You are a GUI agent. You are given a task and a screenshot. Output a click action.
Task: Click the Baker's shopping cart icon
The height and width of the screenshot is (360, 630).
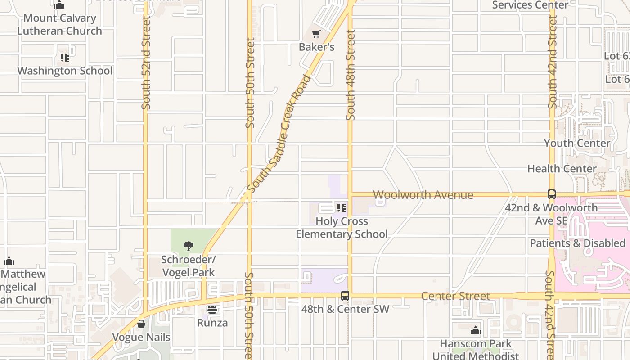coord(316,34)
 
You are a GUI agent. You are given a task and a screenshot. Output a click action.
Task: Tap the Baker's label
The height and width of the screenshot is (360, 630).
coord(317,47)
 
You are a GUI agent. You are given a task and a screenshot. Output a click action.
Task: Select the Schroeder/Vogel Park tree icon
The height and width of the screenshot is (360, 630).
coord(189,246)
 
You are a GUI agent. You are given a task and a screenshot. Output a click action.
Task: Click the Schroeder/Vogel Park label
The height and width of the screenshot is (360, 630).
coord(189,266)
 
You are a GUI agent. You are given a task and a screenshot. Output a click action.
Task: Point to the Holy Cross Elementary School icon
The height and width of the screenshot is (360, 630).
coord(342,208)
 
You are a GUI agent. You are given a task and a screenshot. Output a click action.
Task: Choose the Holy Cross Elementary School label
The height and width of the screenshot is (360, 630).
coord(342,228)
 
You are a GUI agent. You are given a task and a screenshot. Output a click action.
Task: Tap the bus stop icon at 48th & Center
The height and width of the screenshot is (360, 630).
coord(345,296)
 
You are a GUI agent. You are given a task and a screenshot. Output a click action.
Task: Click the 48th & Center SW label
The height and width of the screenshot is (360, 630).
coord(345,309)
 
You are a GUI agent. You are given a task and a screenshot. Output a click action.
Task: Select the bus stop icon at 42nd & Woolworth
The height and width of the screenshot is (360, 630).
coord(552,194)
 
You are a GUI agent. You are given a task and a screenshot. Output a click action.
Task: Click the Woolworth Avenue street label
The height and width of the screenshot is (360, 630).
coord(423,195)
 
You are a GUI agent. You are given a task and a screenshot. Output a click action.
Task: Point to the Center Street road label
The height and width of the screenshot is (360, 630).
coord(455,296)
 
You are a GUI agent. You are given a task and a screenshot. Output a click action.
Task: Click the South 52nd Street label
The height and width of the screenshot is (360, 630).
coord(145,63)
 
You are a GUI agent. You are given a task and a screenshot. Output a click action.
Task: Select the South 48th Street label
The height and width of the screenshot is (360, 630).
coord(351,75)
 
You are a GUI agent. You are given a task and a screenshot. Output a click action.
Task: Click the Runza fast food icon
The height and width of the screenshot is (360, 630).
coord(212,310)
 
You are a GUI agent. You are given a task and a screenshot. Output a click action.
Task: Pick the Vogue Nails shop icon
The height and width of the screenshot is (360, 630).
coord(141,324)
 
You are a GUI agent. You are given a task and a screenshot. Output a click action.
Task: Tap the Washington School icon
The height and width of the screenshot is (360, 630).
coord(65,58)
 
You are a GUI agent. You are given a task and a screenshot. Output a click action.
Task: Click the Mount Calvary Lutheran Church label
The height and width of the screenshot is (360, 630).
coord(59,24)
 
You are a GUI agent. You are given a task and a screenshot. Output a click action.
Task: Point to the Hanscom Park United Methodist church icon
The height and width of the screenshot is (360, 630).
coord(476,331)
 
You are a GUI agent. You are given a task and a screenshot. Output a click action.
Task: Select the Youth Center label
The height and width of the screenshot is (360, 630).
coord(577,143)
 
